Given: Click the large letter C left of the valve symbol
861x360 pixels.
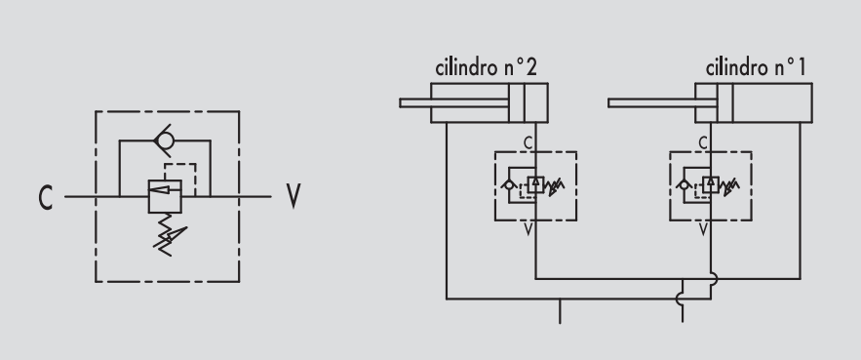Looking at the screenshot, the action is [46, 197].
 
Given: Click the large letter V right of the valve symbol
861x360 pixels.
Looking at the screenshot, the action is [294, 196].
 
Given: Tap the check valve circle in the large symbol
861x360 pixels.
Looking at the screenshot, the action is [166, 140].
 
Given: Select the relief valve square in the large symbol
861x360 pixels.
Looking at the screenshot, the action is [165, 196].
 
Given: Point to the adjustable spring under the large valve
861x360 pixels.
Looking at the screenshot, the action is [169, 235].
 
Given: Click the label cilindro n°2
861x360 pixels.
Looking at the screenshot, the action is [486, 67].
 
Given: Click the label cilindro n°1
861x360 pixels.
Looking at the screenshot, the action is [756, 67].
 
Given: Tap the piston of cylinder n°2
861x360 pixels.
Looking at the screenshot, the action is [517, 102].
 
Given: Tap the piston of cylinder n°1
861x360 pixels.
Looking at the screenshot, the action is [724, 102].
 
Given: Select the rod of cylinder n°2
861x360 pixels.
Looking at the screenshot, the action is [454, 102].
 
